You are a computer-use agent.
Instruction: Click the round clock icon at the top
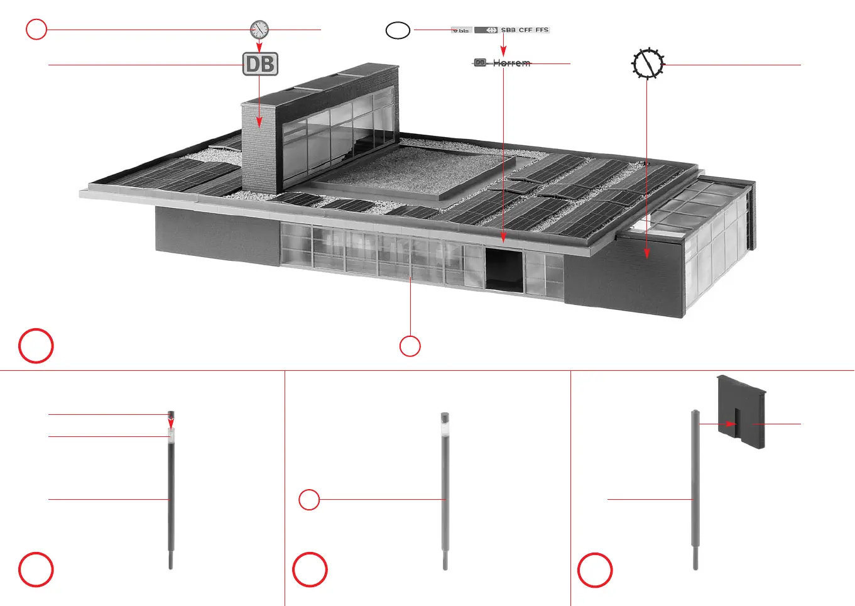pos(259,29)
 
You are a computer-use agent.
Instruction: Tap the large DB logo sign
pos(260,64)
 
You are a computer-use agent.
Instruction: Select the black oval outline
pos(398,30)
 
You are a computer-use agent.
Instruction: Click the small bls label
pos(461,30)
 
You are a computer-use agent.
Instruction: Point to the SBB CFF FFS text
pos(525,30)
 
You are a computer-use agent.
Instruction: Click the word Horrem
pos(511,63)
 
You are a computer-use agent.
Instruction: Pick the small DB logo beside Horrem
pos(480,63)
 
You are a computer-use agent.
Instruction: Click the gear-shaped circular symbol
pos(647,63)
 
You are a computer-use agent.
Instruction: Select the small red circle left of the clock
pos(36,29)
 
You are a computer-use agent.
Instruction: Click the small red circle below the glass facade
pos(410,346)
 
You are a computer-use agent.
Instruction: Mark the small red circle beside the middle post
pos(309,500)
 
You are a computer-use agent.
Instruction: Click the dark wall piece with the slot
pos(742,411)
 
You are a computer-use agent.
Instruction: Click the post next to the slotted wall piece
pos(695,490)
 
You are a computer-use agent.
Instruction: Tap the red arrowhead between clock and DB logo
pos(259,48)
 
